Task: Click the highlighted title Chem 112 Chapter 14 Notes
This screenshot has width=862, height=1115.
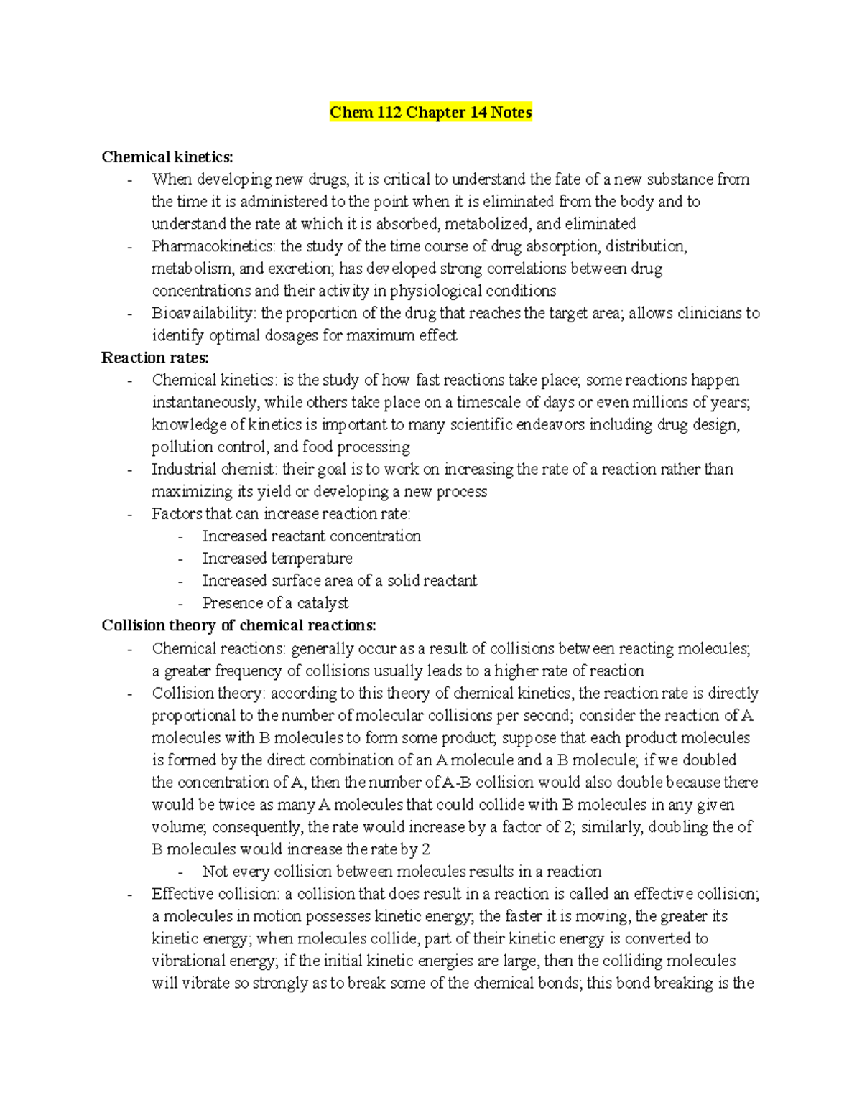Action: tap(430, 113)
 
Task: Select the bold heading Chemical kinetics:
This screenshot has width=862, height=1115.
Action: tap(167, 157)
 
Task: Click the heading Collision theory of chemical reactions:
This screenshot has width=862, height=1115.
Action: tap(238, 625)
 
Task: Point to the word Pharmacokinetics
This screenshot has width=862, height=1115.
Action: tap(213, 246)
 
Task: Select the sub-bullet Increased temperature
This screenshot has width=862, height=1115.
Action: tap(277, 559)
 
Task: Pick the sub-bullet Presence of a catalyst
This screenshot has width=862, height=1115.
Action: tap(275, 603)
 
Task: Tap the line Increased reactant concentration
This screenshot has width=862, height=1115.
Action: tap(311, 536)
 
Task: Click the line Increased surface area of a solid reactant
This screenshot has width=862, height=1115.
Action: tap(339, 581)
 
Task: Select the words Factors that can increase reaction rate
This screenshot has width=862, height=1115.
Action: tap(280, 514)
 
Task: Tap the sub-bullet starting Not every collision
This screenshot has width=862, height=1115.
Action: tap(401, 872)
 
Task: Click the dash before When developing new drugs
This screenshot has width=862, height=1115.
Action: tap(129, 180)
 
